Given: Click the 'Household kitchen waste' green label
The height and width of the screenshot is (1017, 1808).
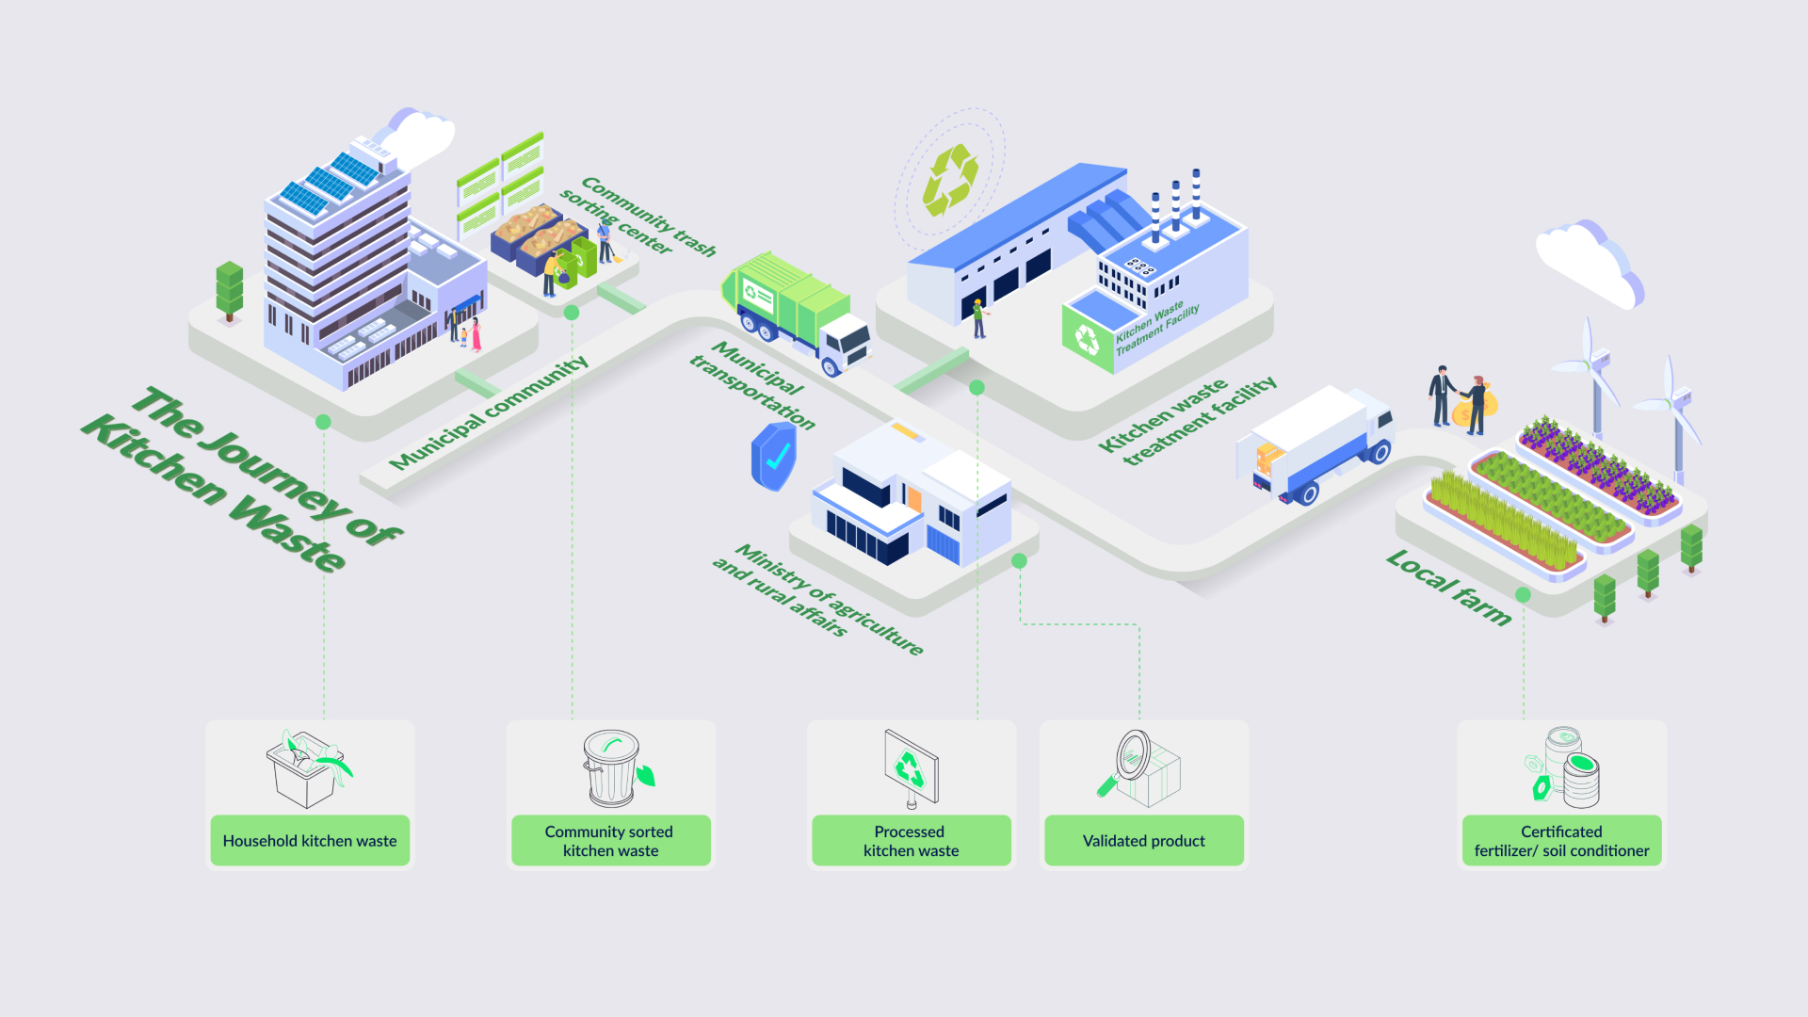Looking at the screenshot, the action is click(310, 840).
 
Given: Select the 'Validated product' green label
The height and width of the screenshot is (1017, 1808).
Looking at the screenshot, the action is click(1144, 840).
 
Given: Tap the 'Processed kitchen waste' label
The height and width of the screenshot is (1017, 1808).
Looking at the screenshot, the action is click(912, 840).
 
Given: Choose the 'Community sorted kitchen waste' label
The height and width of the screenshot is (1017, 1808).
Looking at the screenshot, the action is click(611, 840).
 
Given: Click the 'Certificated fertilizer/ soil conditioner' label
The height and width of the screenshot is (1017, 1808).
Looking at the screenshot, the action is click(1562, 840).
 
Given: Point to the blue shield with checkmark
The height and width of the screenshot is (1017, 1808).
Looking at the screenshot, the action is click(774, 456).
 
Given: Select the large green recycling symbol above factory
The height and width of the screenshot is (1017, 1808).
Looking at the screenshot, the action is click(950, 179).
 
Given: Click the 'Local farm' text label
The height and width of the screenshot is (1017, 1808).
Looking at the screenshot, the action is click(1449, 588).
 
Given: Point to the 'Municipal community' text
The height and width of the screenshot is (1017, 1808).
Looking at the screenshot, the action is click(489, 412).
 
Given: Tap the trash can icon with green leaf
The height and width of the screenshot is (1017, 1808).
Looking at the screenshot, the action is click(618, 768).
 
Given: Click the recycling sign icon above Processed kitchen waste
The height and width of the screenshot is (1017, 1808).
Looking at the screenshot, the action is click(911, 768).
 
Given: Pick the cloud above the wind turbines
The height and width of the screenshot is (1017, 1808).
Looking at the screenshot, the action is click(1590, 263).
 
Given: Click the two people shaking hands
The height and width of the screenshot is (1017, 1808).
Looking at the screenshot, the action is click(1458, 400).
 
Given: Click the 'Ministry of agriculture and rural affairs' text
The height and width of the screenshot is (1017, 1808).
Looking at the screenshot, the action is click(817, 600).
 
